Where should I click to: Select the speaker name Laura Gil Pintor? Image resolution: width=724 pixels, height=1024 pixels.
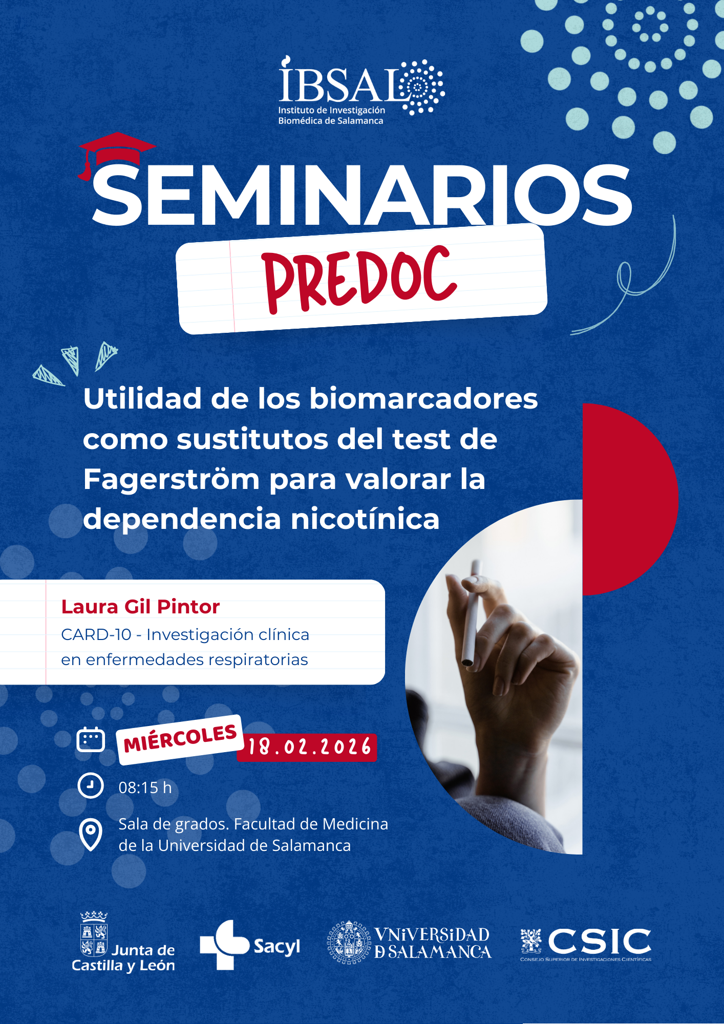pyautogui.click(x=140, y=607)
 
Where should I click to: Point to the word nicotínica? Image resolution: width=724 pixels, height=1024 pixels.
pyautogui.click(x=365, y=519)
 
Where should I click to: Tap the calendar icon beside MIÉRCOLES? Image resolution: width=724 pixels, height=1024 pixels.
pyautogui.click(x=91, y=739)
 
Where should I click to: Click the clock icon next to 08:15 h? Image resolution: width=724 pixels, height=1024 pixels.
pyautogui.click(x=91, y=785)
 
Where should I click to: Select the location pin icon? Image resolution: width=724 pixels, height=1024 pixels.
pyautogui.click(x=91, y=835)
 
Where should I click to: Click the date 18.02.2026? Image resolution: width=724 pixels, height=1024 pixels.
pyautogui.click(x=309, y=747)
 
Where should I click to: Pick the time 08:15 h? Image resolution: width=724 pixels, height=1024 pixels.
pyautogui.click(x=145, y=787)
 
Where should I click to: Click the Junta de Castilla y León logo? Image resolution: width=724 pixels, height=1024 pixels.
pyautogui.click(x=123, y=942)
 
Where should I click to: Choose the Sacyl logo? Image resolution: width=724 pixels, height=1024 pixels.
pyautogui.click(x=250, y=945)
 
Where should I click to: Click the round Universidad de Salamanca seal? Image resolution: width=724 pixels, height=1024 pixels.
pyautogui.click(x=349, y=943)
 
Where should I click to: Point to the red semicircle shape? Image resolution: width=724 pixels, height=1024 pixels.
pyautogui.click(x=630, y=499)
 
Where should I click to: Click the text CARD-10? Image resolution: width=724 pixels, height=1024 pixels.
pyautogui.click(x=96, y=634)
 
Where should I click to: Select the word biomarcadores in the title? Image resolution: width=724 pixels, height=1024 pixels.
pyautogui.click(x=423, y=398)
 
